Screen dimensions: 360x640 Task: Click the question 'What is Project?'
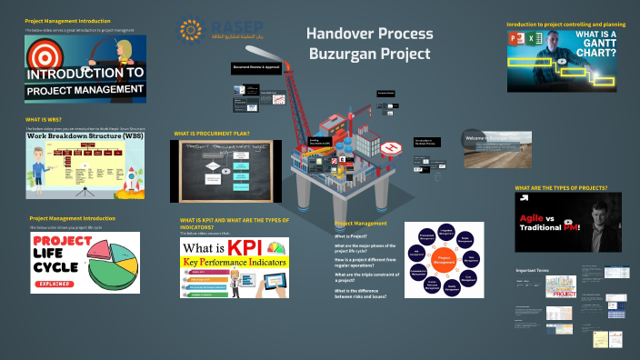(350, 235)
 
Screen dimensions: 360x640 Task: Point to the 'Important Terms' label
(531, 271)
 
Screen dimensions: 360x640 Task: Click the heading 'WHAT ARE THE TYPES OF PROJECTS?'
(561, 187)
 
